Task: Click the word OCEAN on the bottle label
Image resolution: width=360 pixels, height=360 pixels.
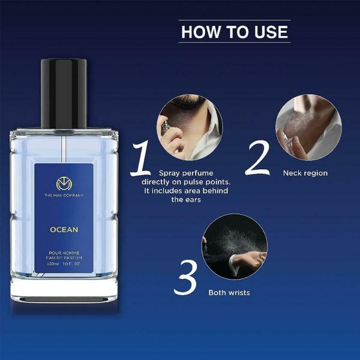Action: pyautogui.click(x=64, y=229)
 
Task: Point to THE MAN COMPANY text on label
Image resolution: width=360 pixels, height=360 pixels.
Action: pyautogui.click(x=64, y=196)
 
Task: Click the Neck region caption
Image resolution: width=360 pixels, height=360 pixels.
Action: pyautogui.click(x=305, y=173)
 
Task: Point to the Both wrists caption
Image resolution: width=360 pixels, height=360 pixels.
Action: pyautogui.click(x=229, y=293)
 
